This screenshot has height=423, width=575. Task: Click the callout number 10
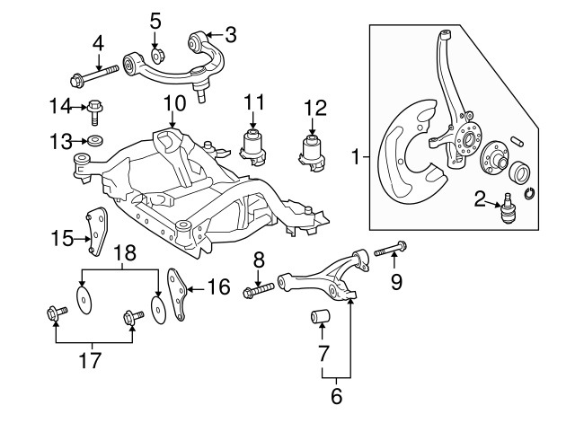point(173,104)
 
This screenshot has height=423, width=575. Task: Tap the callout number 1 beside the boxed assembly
point(357,158)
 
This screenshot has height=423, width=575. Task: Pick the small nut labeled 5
point(155,47)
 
